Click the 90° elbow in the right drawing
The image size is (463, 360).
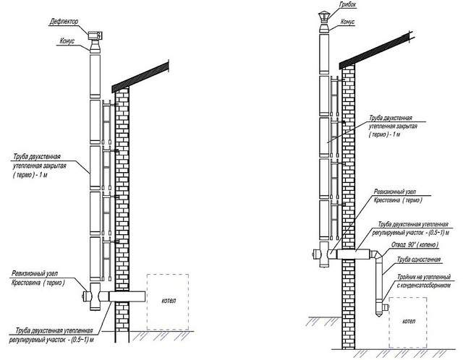click(380, 255)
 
